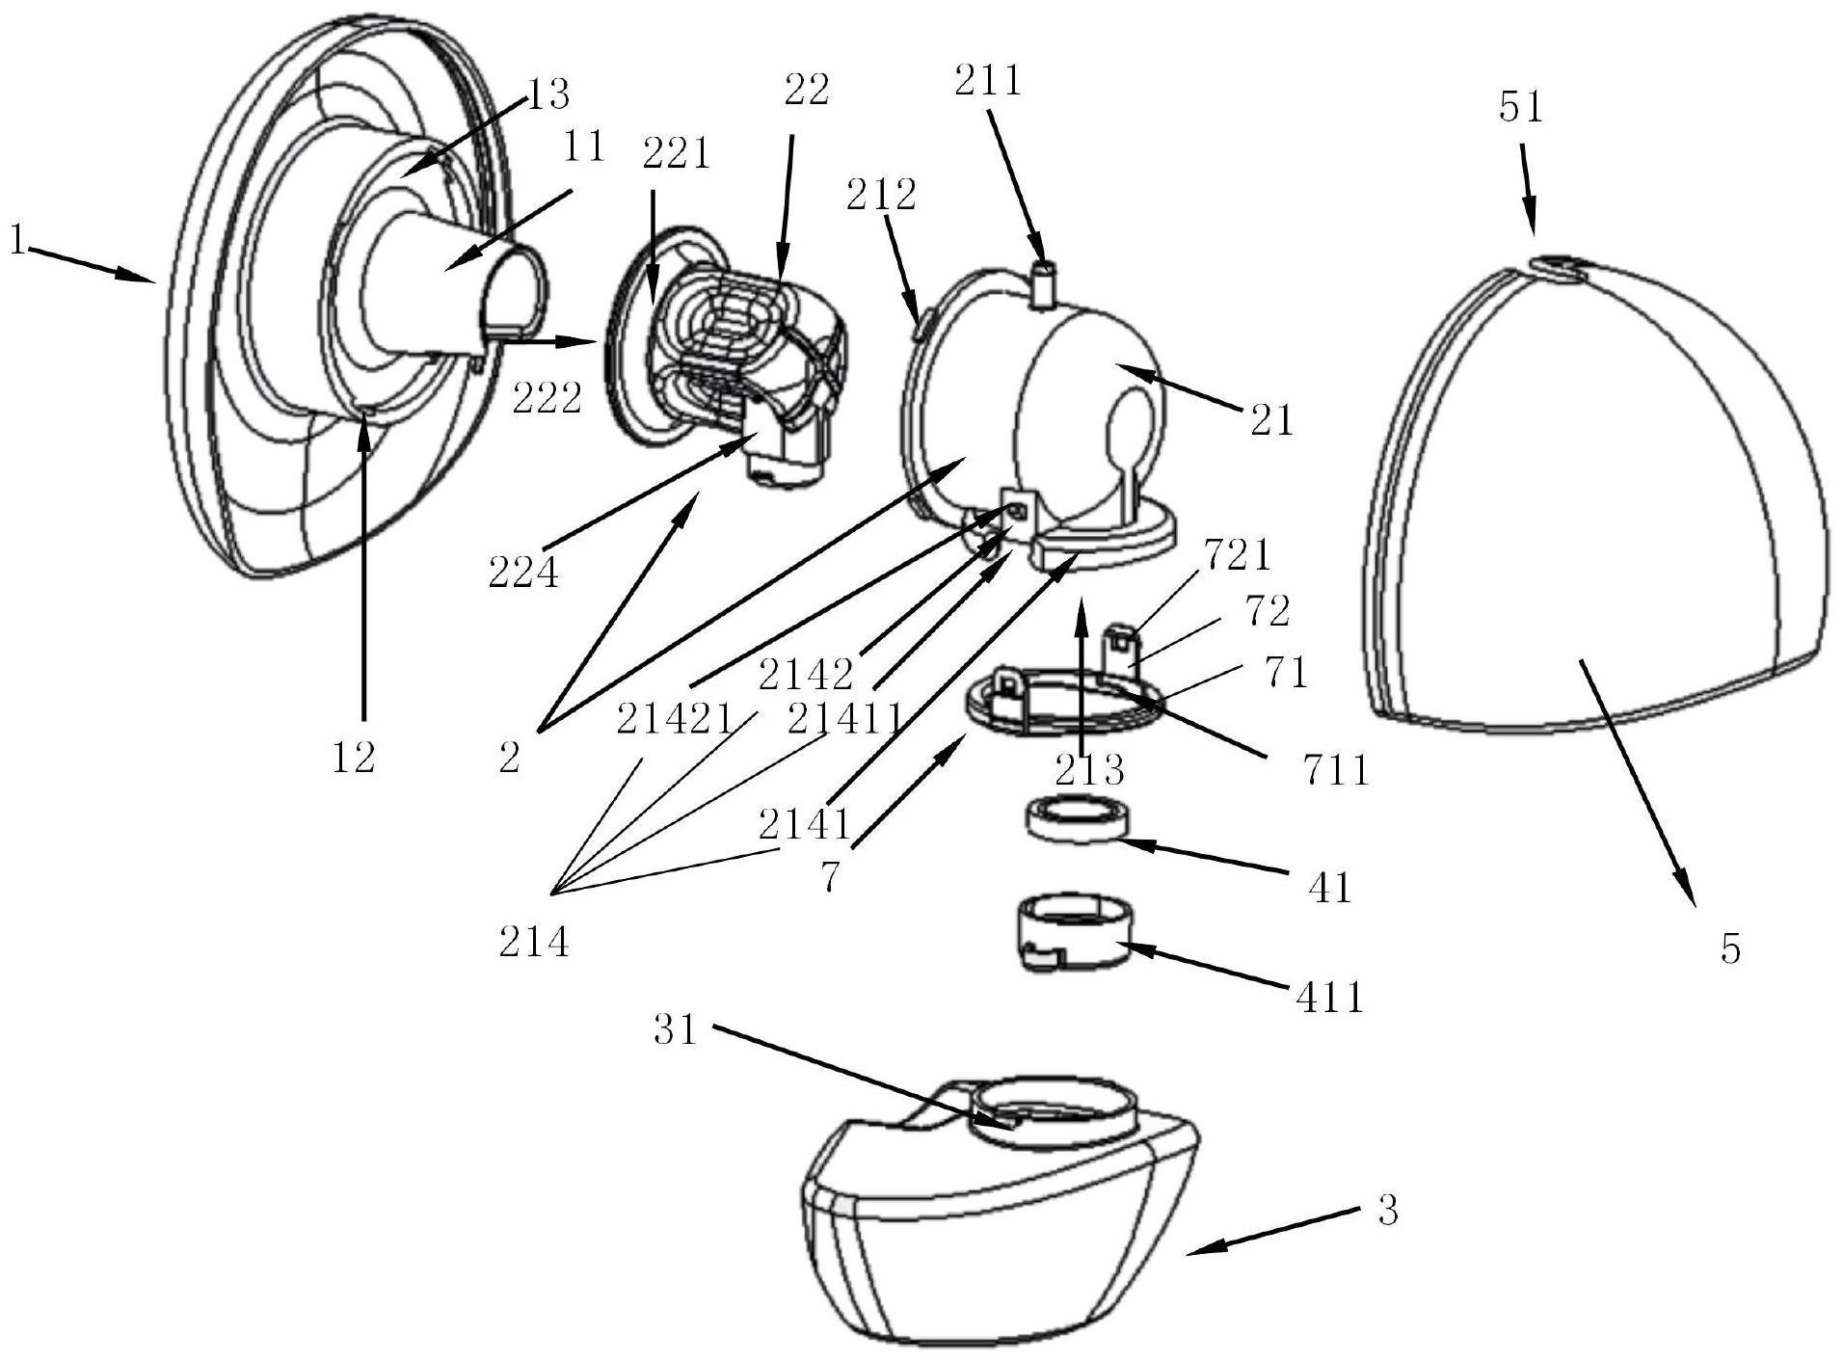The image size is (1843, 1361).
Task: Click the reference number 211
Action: click(x=987, y=81)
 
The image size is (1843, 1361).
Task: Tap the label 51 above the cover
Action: click(x=1521, y=108)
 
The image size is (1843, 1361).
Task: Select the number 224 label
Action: click(x=523, y=574)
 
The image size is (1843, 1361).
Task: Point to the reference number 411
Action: click(x=1329, y=997)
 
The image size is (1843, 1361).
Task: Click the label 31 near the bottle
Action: click(x=675, y=1030)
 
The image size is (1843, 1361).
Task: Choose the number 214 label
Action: click(x=534, y=943)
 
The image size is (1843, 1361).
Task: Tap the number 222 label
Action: click(x=547, y=398)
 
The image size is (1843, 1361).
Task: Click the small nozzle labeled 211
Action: click(x=1041, y=284)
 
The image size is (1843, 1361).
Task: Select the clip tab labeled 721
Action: click(x=1122, y=638)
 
